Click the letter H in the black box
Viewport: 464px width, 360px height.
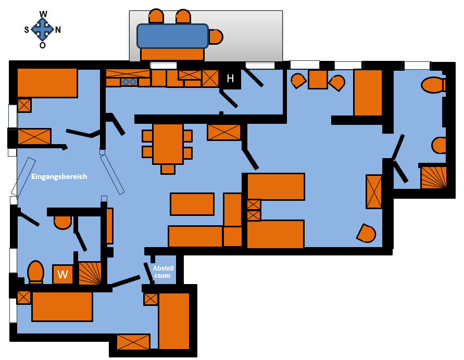[230, 79]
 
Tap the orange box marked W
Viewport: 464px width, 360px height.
[62, 274]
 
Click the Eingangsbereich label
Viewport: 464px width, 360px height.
[59, 176]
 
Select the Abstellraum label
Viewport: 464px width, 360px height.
[163, 272]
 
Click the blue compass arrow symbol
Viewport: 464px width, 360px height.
[42, 29]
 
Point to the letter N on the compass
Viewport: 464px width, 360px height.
[58, 30]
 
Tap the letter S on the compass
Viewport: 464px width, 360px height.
[27, 30]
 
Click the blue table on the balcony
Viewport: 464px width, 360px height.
[172, 36]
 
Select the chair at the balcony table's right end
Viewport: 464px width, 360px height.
[216, 36]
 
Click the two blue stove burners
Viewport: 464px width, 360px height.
[129, 82]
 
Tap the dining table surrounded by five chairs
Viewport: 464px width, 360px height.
[168, 144]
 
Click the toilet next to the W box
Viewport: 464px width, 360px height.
[36, 272]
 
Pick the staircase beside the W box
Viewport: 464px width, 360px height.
[90, 273]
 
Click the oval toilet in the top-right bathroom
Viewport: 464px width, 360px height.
[433, 85]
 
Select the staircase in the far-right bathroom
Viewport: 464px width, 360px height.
[433, 177]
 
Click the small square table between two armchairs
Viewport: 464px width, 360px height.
[318, 79]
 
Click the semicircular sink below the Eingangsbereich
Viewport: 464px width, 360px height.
[62, 223]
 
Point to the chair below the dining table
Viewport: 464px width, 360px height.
[168, 169]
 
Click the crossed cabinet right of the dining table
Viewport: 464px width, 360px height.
[224, 132]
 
